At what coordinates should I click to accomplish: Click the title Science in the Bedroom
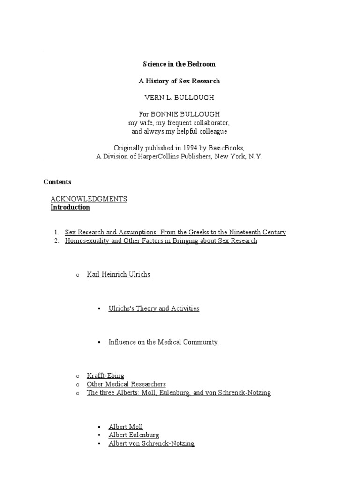pos(180,64)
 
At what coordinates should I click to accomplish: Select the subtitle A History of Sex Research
pos(180,81)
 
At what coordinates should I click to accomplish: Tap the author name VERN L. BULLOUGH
pos(180,98)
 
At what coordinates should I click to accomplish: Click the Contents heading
pos(57,182)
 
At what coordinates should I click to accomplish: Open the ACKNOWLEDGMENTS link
pos(89,199)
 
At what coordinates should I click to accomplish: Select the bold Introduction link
pos(70,207)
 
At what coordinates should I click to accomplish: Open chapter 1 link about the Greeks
pos(175,232)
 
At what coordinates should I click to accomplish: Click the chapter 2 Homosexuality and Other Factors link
pos(161,241)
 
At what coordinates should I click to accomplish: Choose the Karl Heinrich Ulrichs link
pos(118,274)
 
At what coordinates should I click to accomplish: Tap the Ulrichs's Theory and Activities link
pos(154,308)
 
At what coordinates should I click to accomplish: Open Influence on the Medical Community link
pos(163,342)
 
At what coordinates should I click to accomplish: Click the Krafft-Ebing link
pos(105,376)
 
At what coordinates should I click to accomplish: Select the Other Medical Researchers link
pos(126,384)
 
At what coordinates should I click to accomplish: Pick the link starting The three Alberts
pos(179,393)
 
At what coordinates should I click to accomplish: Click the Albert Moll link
pos(126,427)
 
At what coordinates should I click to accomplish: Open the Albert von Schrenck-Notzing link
pos(151,443)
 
